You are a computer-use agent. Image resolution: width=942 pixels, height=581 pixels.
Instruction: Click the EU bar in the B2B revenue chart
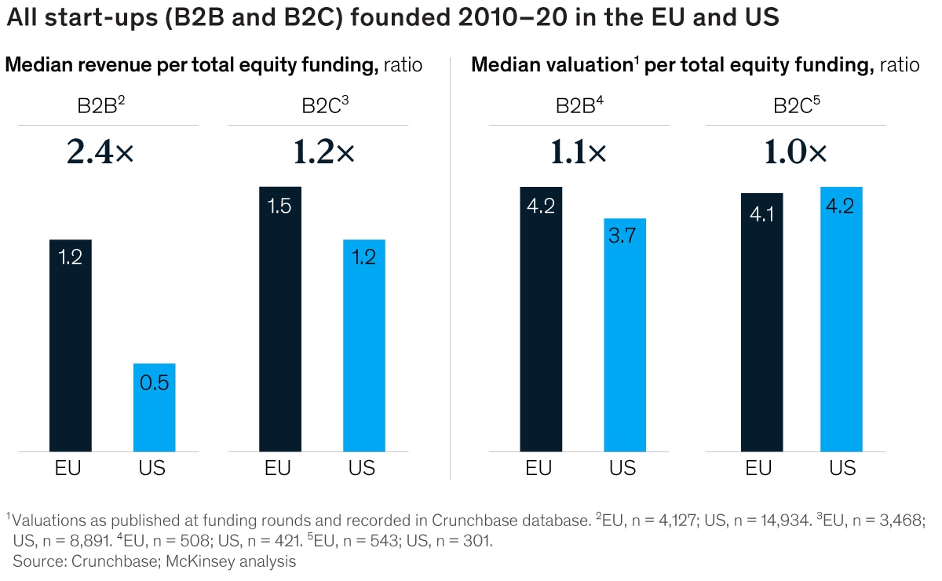[x=71, y=345]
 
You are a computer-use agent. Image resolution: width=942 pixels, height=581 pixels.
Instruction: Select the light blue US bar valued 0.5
[x=155, y=408]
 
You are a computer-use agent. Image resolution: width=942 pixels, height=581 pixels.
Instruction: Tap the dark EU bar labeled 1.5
[x=280, y=322]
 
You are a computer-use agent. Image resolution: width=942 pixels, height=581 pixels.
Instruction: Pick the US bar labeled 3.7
[x=624, y=338]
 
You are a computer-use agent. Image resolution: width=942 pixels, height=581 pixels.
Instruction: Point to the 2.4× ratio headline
[x=101, y=153]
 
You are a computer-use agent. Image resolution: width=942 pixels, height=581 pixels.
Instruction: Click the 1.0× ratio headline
[x=795, y=153]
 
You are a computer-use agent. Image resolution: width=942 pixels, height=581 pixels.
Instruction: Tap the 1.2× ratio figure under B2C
[x=324, y=153]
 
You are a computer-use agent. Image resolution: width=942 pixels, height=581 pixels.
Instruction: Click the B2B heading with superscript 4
[x=579, y=105]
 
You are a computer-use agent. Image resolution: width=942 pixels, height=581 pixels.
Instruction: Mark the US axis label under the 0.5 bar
[x=155, y=469]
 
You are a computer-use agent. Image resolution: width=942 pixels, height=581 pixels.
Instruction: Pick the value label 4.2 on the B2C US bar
[x=842, y=206]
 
